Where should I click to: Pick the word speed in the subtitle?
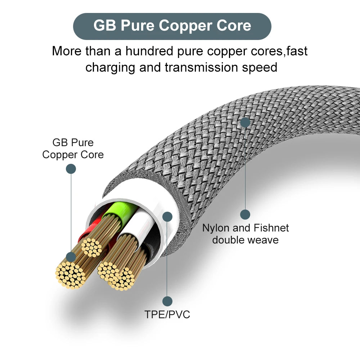click(x=259, y=67)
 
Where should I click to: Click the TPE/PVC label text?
click(x=167, y=314)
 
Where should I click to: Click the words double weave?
click(x=245, y=240)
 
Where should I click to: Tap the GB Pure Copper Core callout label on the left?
click(x=73, y=148)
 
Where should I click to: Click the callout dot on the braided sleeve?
click(x=245, y=122)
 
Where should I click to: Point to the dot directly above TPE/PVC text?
click(x=167, y=301)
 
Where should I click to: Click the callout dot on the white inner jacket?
click(x=167, y=216)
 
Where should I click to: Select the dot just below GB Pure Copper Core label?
click(x=71, y=169)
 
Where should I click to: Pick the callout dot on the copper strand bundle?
click(x=71, y=257)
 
